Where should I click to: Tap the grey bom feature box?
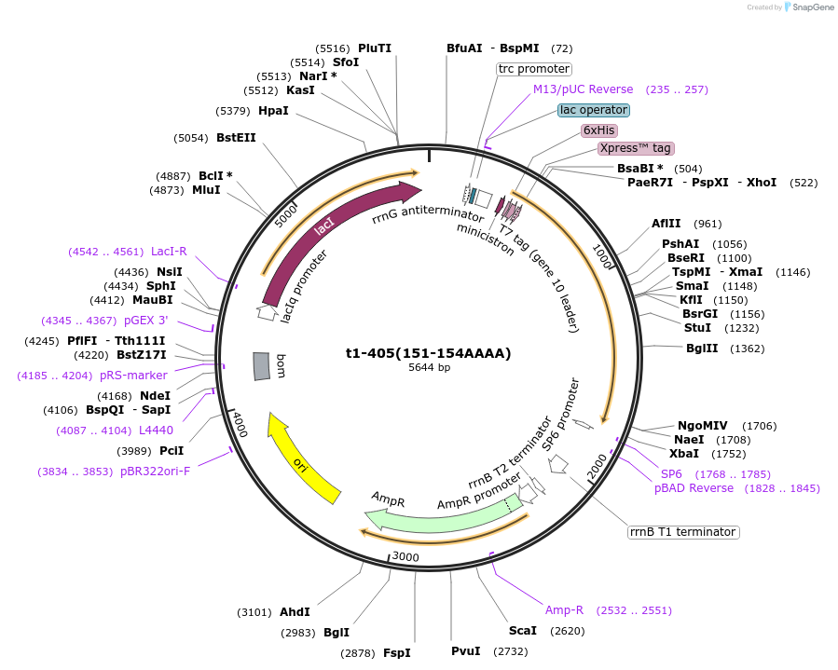click(x=262, y=366)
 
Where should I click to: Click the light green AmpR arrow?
click(x=438, y=513)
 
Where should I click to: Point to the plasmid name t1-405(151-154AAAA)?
click(x=429, y=353)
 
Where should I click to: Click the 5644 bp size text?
click(x=429, y=368)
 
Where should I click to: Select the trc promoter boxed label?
click(x=533, y=69)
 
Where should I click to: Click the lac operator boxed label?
click(x=594, y=110)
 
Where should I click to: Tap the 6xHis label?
click(x=598, y=130)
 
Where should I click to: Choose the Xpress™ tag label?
click(x=635, y=148)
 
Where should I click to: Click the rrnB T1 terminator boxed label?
click(x=683, y=532)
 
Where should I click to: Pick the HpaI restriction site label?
click(x=273, y=111)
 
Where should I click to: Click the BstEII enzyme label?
click(x=236, y=138)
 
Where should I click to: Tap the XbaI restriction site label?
click(x=685, y=454)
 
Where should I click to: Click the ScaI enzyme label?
click(x=522, y=631)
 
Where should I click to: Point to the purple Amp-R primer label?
click(x=564, y=610)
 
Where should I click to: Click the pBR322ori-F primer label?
click(x=155, y=472)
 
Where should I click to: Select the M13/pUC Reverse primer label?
click(x=583, y=89)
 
